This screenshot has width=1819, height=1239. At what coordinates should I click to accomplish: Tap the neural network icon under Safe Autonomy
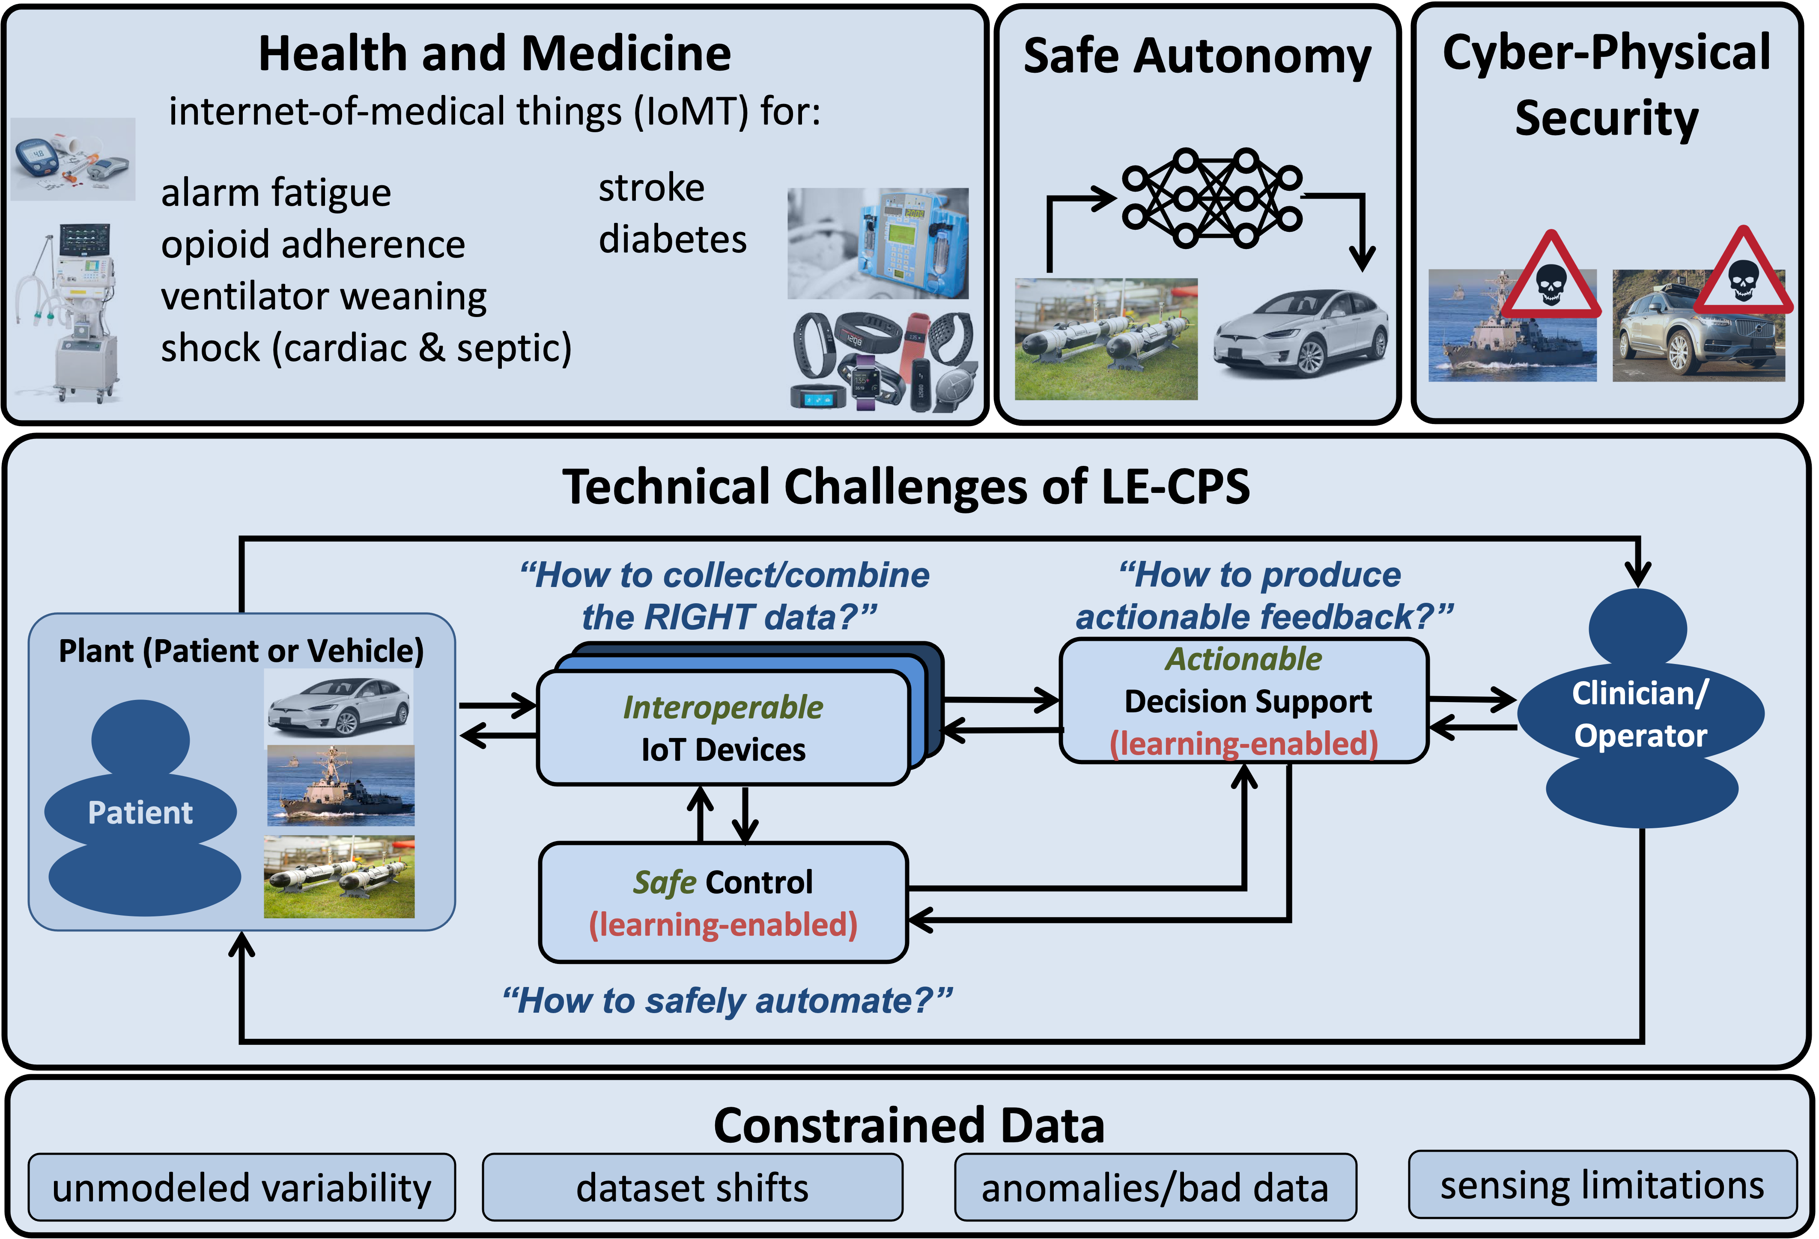[x=1212, y=198]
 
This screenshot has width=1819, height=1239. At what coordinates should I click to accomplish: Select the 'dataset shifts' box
[x=692, y=1187]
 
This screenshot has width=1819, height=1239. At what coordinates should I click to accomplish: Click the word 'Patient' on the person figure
[x=140, y=813]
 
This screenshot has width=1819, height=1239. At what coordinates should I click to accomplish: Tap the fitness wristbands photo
[x=881, y=362]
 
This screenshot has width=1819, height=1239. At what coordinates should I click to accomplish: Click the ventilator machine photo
[x=68, y=315]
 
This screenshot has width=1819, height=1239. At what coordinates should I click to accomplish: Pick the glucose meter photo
[x=73, y=159]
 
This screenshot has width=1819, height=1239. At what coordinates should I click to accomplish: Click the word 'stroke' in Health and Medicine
[x=651, y=188]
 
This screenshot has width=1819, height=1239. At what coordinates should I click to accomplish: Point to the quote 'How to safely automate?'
[x=727, y=1000]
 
